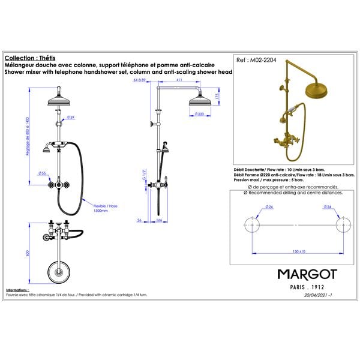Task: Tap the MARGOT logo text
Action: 307,274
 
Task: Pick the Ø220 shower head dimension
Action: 200,113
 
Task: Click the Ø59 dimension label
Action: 71,117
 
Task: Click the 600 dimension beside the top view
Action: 27,254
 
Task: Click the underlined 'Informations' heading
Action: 17,290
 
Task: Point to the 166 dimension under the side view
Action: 160,220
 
